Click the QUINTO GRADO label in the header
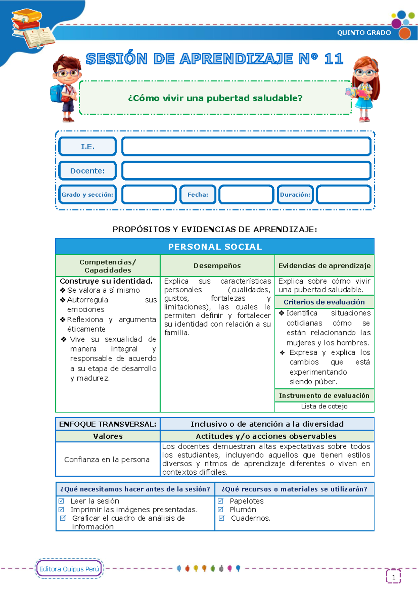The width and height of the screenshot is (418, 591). [364, 33]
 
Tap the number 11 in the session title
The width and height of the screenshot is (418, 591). [334, 59]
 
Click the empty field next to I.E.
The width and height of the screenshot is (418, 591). [246, 147]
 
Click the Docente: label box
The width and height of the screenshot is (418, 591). [87, 171]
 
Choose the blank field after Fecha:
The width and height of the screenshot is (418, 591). [246, 194]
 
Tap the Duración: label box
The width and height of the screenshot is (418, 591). [295, 194]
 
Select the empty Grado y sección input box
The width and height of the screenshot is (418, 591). [149, 194]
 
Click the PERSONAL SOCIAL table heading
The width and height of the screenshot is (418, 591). [215, 247]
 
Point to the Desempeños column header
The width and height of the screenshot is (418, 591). [217, 266]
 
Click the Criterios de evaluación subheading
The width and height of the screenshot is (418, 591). [324, 302]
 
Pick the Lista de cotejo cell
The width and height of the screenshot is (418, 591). [324, 406]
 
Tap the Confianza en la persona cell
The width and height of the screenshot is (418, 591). [107, 460]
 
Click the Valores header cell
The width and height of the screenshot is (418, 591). [108, 436]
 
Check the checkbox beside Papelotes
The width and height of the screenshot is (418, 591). [220, 501]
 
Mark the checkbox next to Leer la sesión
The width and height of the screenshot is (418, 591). [62, 501]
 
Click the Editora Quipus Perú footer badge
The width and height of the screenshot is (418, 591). [69, 569]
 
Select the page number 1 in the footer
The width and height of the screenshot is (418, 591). [394, 577]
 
